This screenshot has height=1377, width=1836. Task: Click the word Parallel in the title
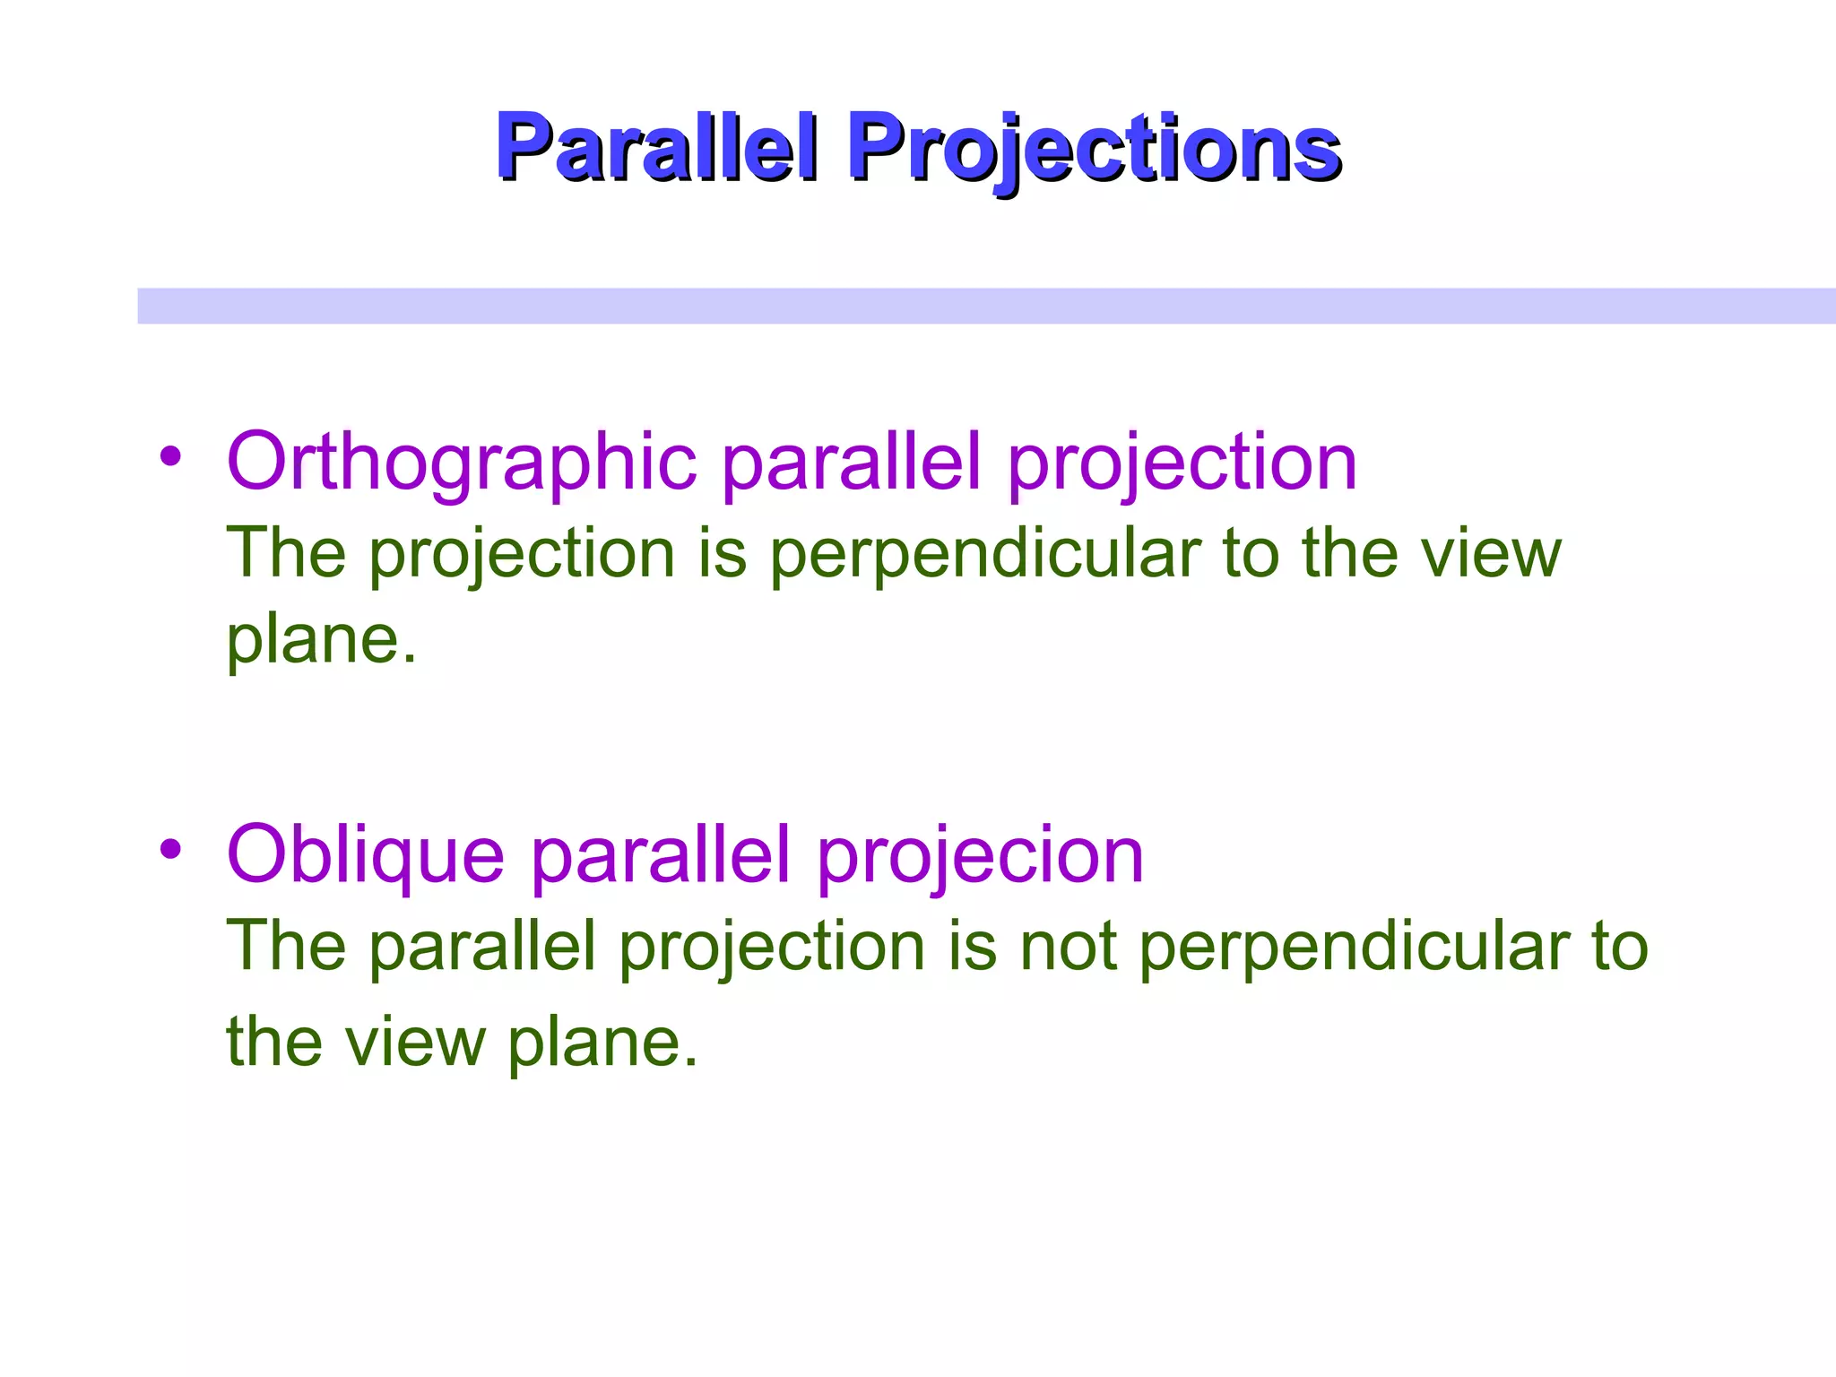click(656, 147)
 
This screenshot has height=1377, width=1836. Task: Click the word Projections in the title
click(1094, 147)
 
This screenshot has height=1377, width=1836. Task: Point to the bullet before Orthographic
click(170, 456)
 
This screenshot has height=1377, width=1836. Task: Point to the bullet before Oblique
click(170, 848)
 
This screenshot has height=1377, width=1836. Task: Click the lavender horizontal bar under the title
click(986, 306)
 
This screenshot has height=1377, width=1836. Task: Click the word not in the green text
click(1069, 948)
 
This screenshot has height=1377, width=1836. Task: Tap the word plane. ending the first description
click(321, 640)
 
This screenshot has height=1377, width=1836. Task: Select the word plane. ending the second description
click(602, 1043)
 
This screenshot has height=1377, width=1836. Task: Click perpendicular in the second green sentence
click(1354, 948)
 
